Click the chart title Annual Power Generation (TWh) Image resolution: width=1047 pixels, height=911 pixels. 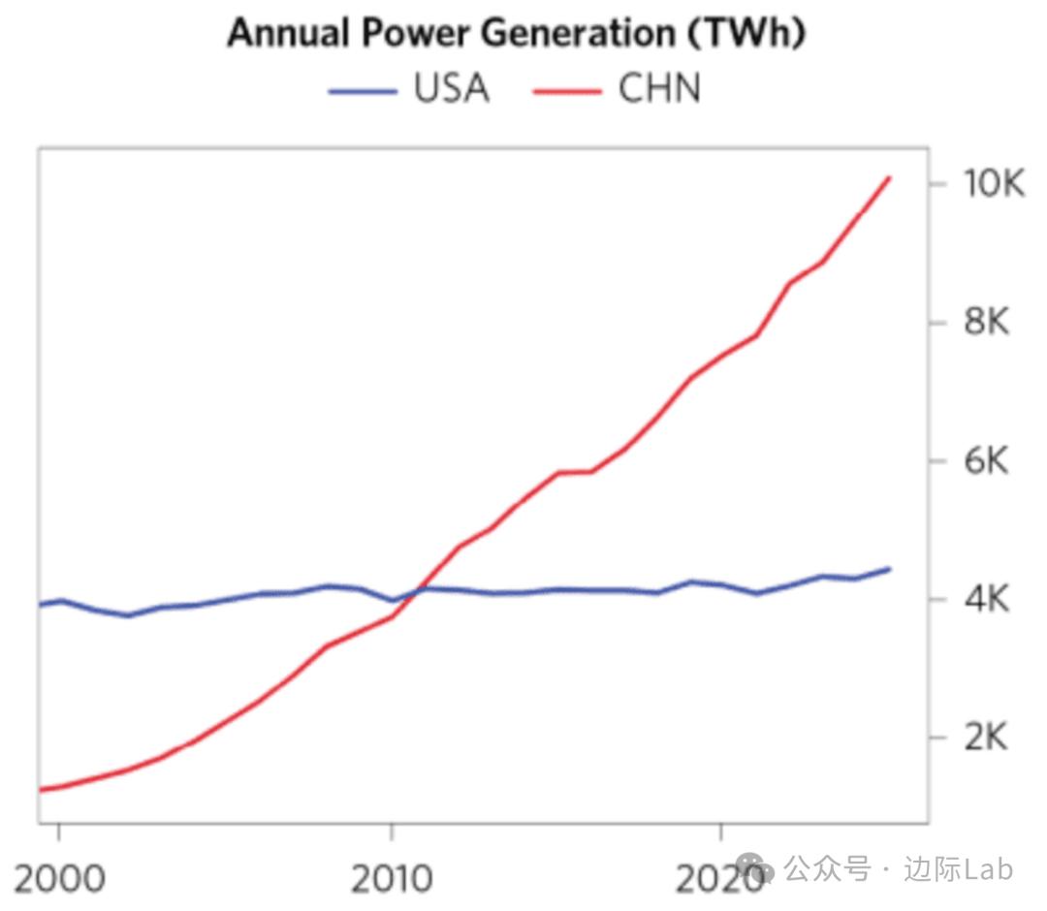pyautogui.click(x=517, y=33)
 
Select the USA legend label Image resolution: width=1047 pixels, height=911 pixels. pyautogui.click(x=452, y=89)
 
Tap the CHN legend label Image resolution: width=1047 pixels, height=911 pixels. pyautogui.click(x=659, y=89)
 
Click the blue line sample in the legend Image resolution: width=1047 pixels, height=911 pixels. pyautogui.click(x=363, y=91)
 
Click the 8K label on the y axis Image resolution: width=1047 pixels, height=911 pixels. pyautogui.click(x=986, y=322)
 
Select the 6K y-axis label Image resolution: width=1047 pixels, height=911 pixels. pyautogui.click(x=986, y=461)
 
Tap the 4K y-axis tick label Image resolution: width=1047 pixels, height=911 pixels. pyautogui.click(x=986, y=600)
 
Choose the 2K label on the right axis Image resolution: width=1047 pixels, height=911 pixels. pyautogui.click(x=986, y=738)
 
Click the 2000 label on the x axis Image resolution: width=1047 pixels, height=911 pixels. pyautogui.click(x=59, y=878)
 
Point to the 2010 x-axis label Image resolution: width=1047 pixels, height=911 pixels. pyautogui.click(x=391, y=878)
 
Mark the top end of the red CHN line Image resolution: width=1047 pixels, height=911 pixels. pyautogui.click(x=888, y=178)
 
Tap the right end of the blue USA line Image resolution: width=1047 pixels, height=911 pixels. pyautogui.click(x=888, y=569)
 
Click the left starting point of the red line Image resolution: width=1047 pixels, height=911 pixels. pyautogui.click(x=41, y=790)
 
